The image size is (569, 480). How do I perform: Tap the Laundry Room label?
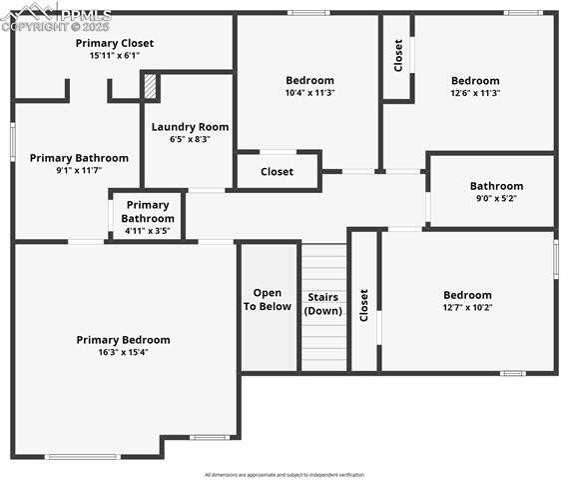[x=190, y=127]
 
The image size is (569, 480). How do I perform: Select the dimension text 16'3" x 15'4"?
[x=124, y=352]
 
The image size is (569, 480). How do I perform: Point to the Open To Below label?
[x=268, y=299]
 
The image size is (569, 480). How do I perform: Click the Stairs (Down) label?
[x=322, y=303]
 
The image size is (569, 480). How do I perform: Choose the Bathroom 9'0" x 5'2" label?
[x=496, y=186]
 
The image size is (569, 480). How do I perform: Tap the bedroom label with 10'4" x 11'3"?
[x=309, y=81]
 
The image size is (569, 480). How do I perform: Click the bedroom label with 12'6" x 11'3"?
[x=475, y=81]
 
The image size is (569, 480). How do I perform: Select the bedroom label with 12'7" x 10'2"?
[x=467, y=295]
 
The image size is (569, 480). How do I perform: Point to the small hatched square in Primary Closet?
[x=150, y=86]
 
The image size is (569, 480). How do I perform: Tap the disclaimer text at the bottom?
[x=284, y=475]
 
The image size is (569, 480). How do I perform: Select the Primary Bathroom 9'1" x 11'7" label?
[x=79, y=158]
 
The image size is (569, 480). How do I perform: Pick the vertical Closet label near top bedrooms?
[x=398, y=54]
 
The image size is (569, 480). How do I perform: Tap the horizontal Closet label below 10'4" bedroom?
[x=277, y=172]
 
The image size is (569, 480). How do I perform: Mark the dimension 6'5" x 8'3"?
[x=190, y=140]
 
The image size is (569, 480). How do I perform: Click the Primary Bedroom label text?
[x=124, y=340]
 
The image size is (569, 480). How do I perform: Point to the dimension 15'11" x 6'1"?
[x=115, y=56]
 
